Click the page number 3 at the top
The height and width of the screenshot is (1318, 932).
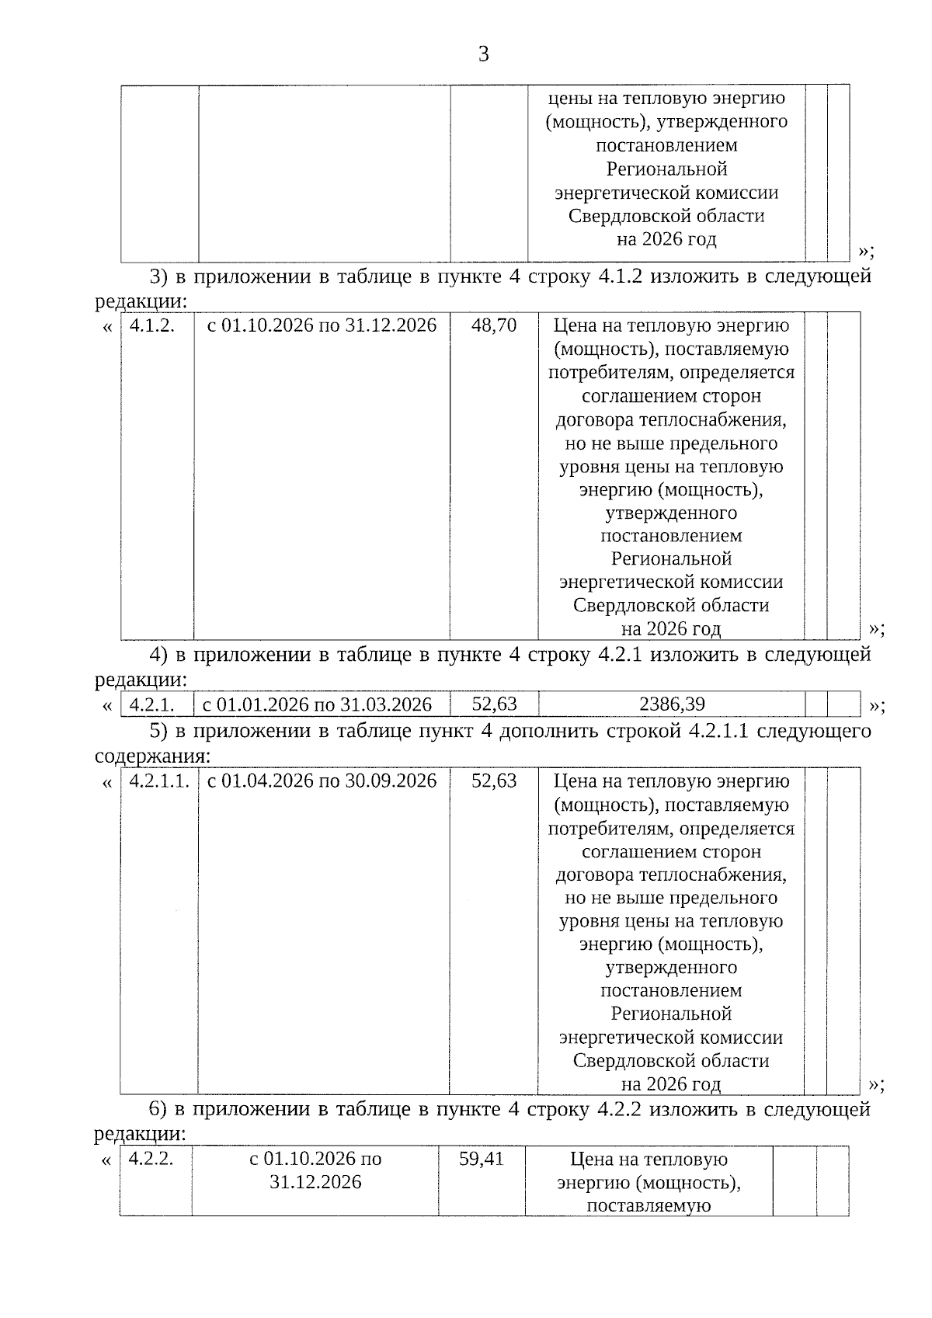(483, 54)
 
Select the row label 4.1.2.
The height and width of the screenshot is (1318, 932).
(151, 325)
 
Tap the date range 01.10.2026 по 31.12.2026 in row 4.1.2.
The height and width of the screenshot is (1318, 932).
(322, 325)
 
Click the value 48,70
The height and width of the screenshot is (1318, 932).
(494, 325)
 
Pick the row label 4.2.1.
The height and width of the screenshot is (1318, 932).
(151, 704)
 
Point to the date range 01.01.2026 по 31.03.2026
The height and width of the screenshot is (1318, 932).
(317, 704)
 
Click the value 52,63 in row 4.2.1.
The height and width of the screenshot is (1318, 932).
(494, 704)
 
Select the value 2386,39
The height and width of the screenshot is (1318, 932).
(672, 704)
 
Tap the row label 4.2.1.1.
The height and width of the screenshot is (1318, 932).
(159, 781)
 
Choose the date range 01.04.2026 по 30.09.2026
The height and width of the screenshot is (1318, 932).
(322, 781)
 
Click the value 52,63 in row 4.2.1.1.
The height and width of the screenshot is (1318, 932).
(494, 781)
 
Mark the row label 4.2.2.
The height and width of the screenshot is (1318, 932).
(151, 1159)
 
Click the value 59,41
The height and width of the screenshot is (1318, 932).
(482, 1159)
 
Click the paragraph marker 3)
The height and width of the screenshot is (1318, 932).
(158, 276)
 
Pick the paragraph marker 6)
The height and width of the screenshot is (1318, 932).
(158, 1109)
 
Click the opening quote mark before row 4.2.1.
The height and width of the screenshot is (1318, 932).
(107, 706)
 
